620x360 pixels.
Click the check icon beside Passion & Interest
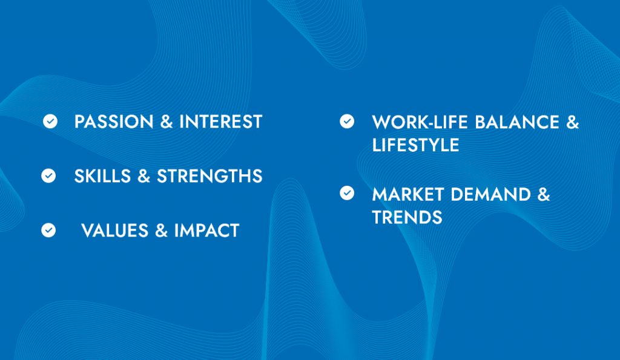point(50,122)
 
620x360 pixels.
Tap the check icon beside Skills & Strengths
point(48,176)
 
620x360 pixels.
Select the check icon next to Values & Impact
point(48,231)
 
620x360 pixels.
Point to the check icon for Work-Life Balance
point(347,122)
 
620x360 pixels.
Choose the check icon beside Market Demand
point(347,194)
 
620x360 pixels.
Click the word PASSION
point(114,122)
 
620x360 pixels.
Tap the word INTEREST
point(221,122)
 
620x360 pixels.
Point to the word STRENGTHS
point(209,176)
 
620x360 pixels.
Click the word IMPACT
point(206,231)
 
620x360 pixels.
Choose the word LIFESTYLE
point(415,145)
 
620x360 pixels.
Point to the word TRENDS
point(407,217)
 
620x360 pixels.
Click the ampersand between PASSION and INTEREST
point(167,122)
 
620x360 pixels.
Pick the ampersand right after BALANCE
point(572,122)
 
